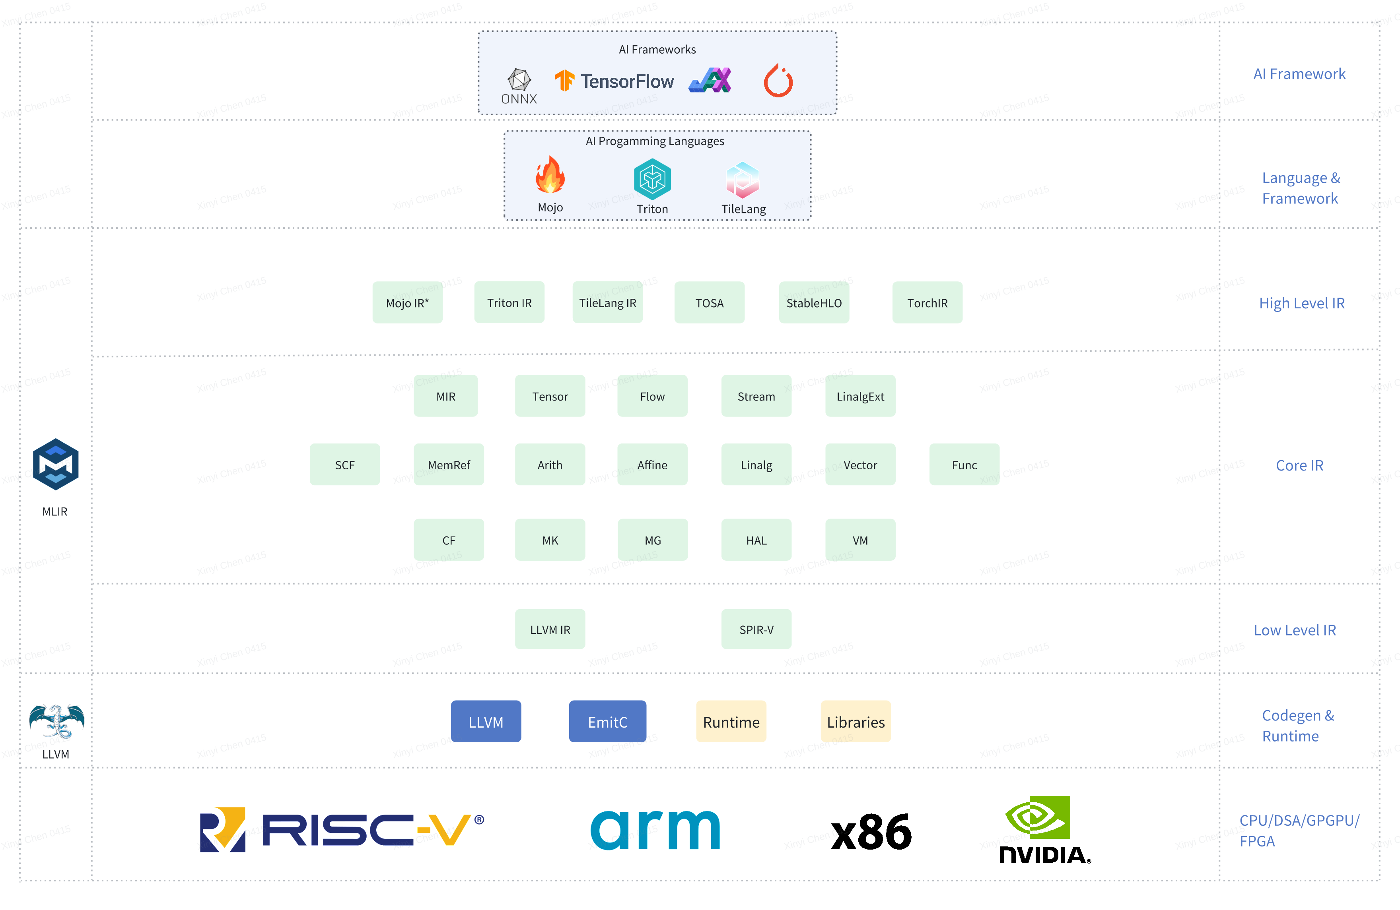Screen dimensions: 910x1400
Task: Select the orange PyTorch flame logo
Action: [778, 81]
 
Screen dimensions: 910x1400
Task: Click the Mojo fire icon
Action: [550, 175]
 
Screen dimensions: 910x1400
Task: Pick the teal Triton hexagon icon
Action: [652, 179]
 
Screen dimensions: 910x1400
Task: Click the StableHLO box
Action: [814, 303]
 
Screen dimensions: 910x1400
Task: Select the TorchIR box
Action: [927, 303]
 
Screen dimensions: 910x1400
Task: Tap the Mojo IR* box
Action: [407, 303]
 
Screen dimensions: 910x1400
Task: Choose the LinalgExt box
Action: [860, 396]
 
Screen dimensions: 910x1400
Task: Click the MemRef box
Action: [449, 465]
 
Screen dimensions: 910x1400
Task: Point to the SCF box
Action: [345, 465]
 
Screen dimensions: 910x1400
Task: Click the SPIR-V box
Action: [756, 629]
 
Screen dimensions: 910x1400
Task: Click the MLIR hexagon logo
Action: [55, 465]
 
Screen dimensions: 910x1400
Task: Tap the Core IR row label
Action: [1299, 465]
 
